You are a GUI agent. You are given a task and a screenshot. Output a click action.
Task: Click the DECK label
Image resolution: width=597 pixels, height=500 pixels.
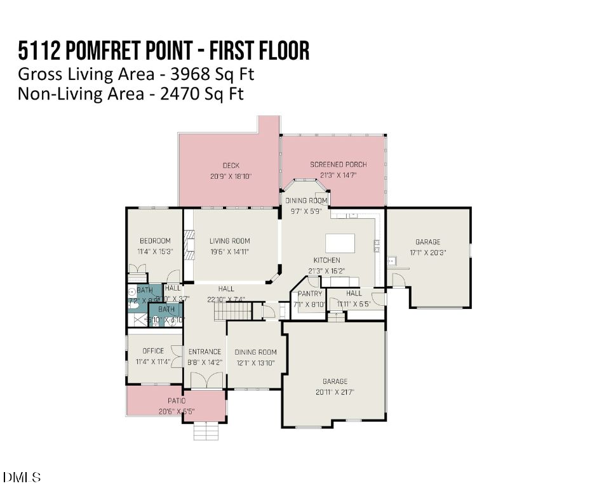[231, 166]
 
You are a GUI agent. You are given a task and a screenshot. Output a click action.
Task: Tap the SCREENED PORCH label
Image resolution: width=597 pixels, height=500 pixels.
[338, 164]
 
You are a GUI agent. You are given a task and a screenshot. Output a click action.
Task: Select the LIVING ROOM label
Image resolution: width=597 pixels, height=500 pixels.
[229, 240]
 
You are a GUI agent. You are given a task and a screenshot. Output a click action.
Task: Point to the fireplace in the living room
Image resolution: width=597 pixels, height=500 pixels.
[188, 242]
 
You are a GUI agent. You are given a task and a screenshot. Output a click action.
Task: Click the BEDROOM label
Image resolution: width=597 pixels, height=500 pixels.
[155, 240]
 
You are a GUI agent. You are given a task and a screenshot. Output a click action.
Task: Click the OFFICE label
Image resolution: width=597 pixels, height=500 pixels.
[153, 350]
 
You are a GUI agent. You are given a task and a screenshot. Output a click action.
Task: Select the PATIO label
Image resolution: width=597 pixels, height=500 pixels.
[176, 401]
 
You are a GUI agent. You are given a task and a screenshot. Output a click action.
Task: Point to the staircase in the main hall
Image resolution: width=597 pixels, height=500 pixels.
[232, 312]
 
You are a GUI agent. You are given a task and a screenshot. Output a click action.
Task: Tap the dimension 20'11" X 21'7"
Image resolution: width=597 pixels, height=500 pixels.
[334, 392]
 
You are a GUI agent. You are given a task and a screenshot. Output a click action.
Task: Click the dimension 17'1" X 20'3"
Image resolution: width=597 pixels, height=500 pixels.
[427, 253]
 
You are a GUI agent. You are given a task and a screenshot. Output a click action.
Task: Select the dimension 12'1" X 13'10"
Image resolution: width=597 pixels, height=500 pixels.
[255, 363]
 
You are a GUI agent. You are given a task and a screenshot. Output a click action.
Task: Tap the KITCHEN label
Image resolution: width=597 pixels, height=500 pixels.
[326, 260]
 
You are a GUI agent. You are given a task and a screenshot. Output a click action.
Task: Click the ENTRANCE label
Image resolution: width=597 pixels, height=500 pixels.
[205, 352]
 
